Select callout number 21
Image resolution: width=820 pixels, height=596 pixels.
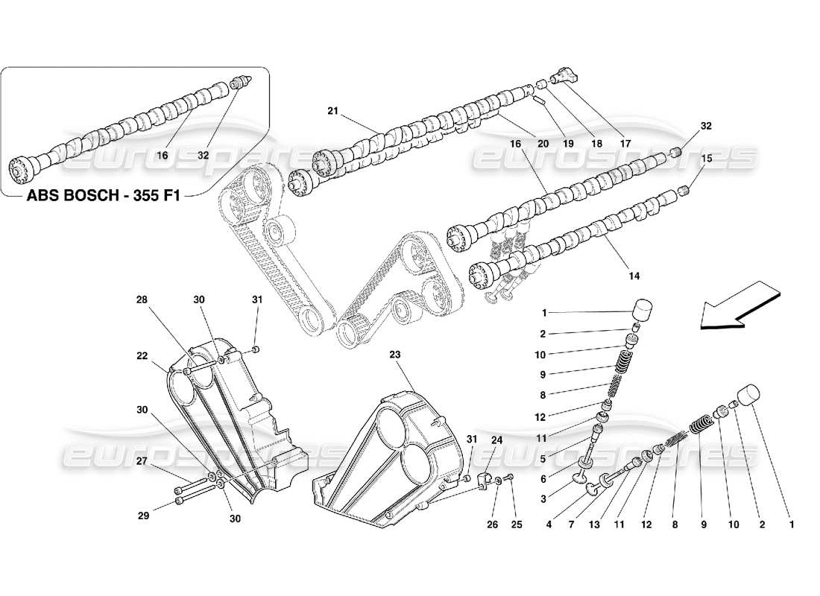pyautogui.click(x=332, y=111)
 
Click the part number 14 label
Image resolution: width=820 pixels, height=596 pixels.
pyautogui.click(x=634, y=276)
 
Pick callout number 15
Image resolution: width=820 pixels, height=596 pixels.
pyautogui.click(x=705, y=158)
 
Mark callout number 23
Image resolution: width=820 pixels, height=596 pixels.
pyautogui.click(x=394, y=355)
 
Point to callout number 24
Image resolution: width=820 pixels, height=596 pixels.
pyautogui.click(x=496, y=440)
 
